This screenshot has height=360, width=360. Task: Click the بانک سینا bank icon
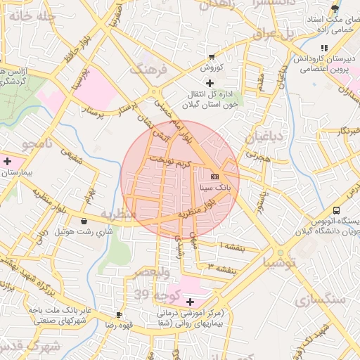[x=214, y=176]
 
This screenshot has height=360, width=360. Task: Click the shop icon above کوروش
[x=212, y=56]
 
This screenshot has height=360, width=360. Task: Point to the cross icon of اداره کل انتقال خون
[x=209, y=83]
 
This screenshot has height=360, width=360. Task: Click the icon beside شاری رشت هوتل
[x=84, y=220]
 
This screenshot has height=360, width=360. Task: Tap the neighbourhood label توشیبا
[x=281, y=262]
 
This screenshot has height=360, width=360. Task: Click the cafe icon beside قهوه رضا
[x=119, y=314]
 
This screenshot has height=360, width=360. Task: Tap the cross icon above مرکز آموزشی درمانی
[x=189, y=302]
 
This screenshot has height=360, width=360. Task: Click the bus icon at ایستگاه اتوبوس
[x=337, y=211]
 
